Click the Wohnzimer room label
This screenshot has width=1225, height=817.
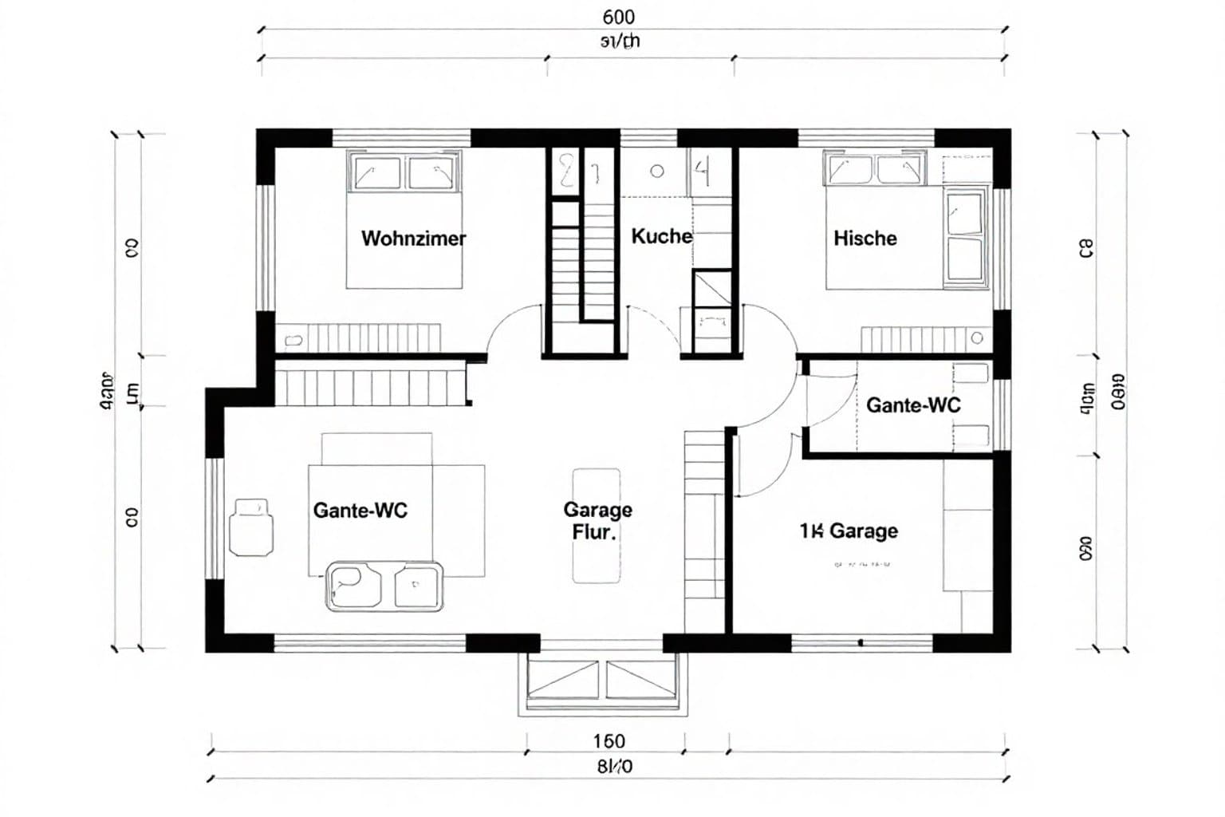coord(413,239)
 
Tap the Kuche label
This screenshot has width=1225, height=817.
coord(661,236)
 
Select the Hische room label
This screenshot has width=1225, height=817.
coord(865,239)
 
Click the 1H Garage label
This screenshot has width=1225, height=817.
coord(849,531)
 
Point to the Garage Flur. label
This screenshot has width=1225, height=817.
coord(597,520)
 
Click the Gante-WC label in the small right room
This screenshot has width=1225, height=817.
coord(913,405)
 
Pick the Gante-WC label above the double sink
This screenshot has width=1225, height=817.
coord(360,511)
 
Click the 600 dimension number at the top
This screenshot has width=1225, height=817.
coord(619,17)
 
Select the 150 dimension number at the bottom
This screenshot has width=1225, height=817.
coord(609,742)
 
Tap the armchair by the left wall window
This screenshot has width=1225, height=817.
coord(251,527)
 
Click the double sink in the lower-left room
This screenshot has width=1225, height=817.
coord(384,586)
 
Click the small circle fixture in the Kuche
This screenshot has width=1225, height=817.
coord(657,171)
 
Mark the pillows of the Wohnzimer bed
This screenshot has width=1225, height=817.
coord(405,172)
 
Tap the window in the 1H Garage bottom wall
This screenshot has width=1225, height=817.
coord(861,642)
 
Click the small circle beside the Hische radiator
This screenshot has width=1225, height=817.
coord(977,338)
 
